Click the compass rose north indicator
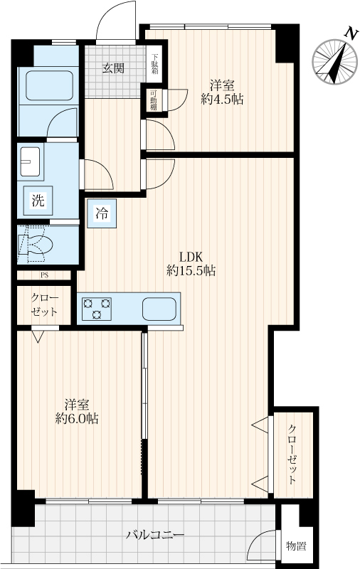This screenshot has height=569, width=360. pos(335,62)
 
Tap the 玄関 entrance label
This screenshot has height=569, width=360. pos(113,68)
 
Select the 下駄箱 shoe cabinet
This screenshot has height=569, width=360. pos(155,64)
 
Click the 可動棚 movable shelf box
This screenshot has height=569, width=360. pos(154,100)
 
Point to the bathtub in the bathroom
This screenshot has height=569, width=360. pos(49,85)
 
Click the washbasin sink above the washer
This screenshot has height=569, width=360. pos(30,161)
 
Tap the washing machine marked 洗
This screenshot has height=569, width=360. pos(38,201)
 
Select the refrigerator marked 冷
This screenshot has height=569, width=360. pos(102,213)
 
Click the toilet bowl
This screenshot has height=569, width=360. pos(36,245)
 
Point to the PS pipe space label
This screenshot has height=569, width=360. pos(44,275)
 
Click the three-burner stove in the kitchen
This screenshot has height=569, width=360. pos(97,309)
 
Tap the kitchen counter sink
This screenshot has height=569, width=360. pos(159,309)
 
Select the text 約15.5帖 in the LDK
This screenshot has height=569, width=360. pos(191,271)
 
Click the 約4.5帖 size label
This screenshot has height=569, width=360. pos(222,99)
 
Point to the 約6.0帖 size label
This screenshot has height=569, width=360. pos(77,419)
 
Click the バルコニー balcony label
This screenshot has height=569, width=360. pos(155,535)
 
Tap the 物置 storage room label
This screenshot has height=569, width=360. pos(296,546)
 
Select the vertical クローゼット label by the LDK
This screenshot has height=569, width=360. pos(292,454)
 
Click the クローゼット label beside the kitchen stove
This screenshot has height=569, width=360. pos(44,305)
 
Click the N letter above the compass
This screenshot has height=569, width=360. pos(350,33)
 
